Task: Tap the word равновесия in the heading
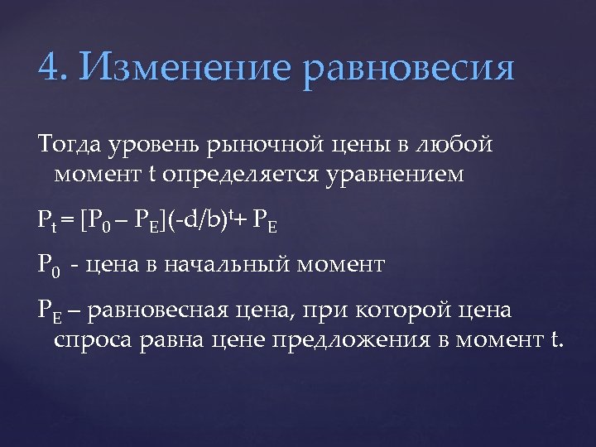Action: (x=409, y=68)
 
